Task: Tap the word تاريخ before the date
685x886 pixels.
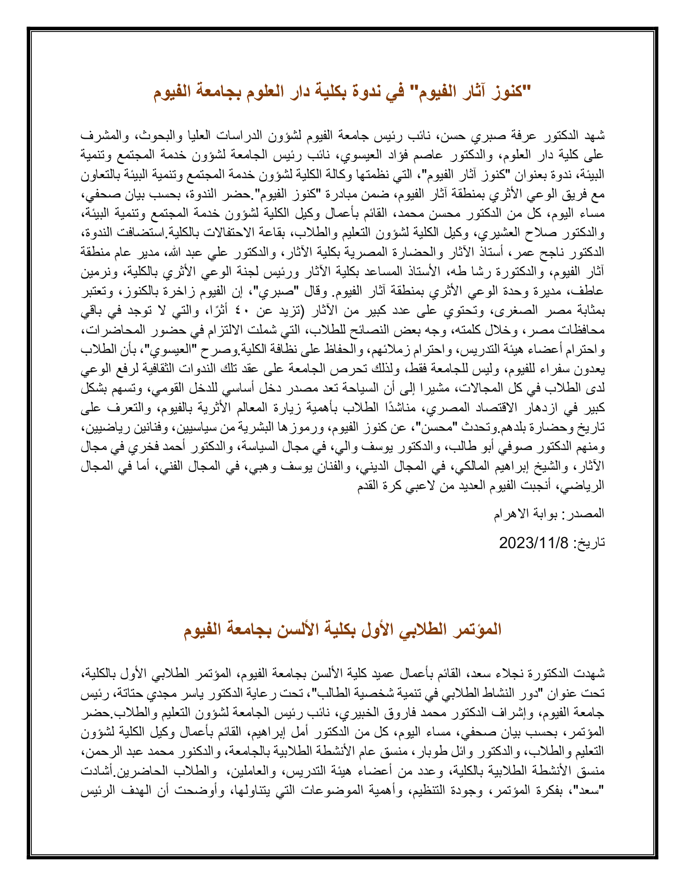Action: click(591, 543)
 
